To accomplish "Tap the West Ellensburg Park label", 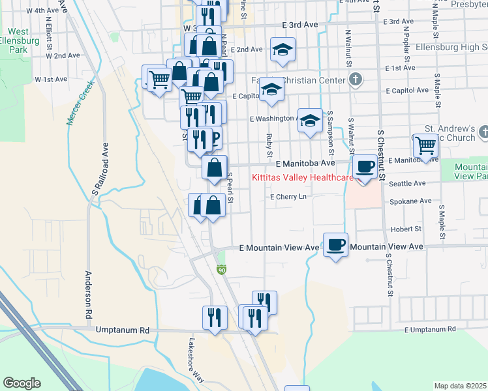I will (18, 40).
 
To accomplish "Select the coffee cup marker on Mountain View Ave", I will (335, 245).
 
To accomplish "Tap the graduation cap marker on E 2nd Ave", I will (282, 50).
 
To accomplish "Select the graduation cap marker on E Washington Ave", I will (311, 121).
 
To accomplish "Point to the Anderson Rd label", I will (87, 294).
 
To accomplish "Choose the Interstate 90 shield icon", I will (222, 270).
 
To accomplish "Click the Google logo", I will (22, 383).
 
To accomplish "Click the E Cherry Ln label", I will (288, 196).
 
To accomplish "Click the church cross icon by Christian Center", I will (355, 80).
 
